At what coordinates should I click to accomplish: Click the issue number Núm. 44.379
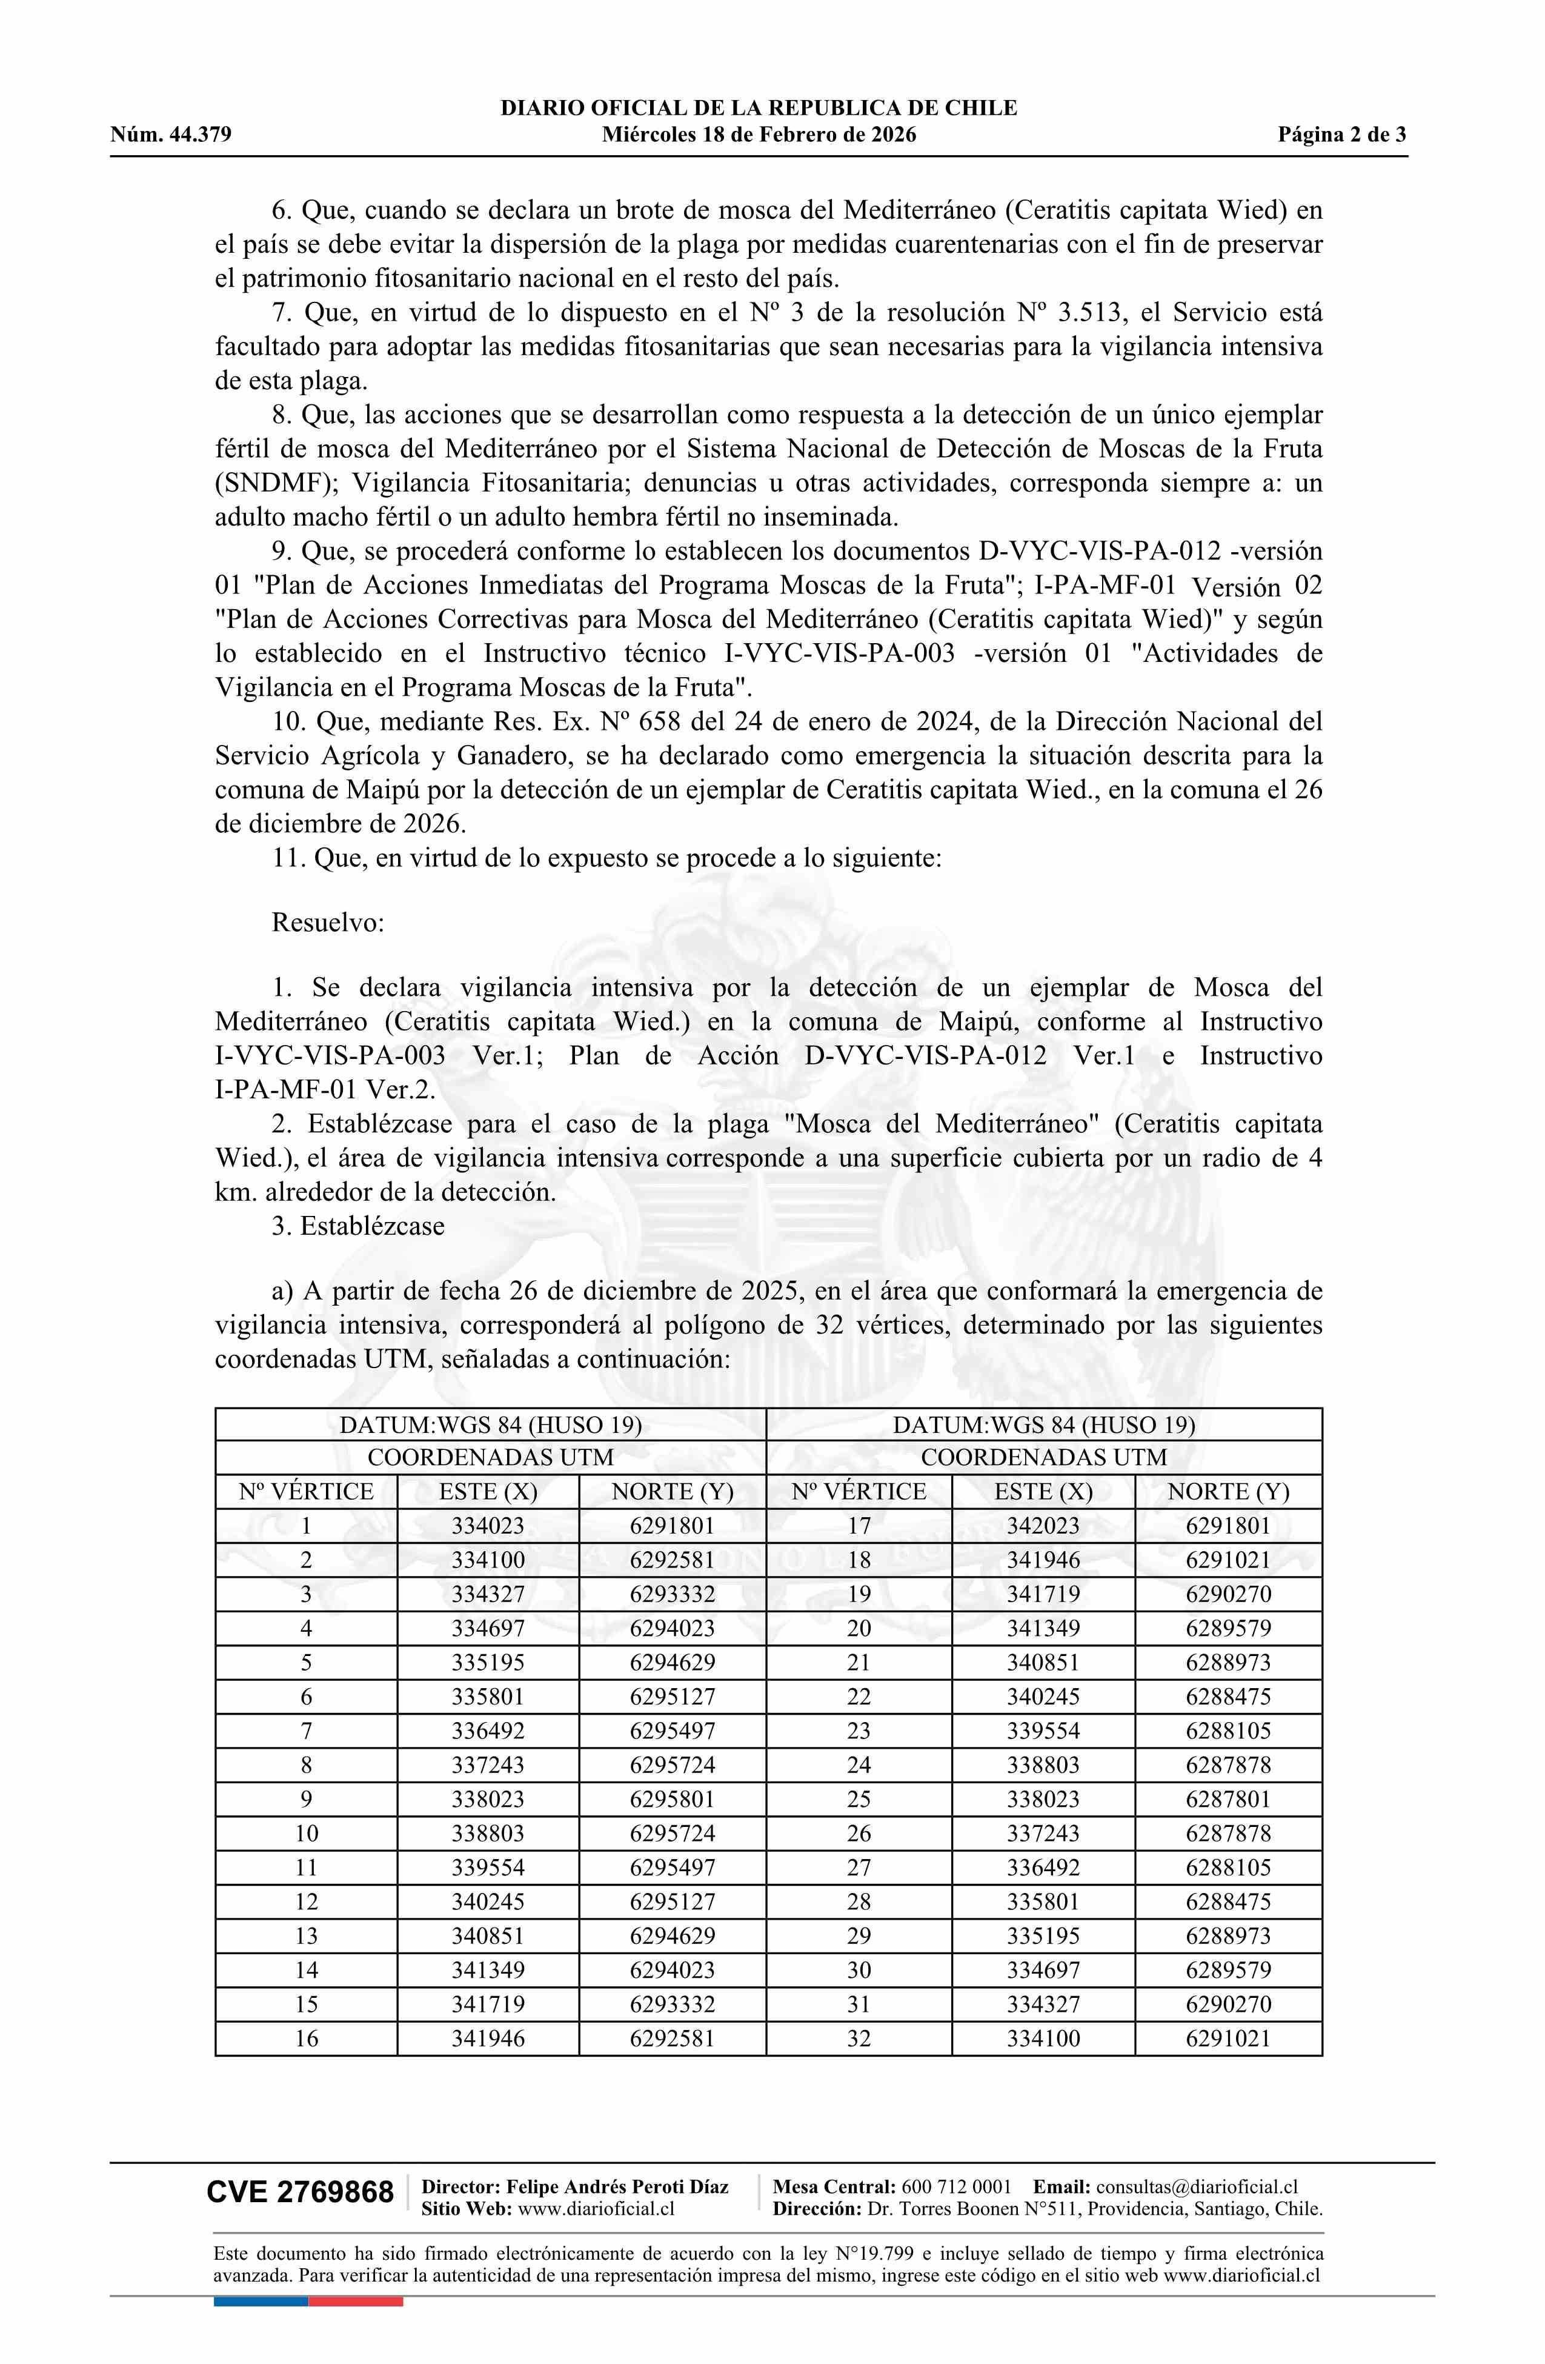pyautogui.click(x=171, y=135)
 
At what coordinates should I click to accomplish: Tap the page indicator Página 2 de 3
pyautogui.click(x=1341, y=135)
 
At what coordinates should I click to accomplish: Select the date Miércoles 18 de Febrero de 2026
pyautogui.click(x=759, y=135)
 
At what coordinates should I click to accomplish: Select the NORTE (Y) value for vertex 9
pyautogui.click(x=672, y=1799)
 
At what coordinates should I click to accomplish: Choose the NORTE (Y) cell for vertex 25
pyautogui.click(x=1228, y=1799)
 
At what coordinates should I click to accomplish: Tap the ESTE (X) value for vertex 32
pyautogui.click(x=1043, y=2038)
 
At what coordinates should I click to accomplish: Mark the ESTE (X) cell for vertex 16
pyautogui.click(x=488, y=2038)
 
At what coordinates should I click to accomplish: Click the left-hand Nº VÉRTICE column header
pyautogui.click(x=306, y=1491)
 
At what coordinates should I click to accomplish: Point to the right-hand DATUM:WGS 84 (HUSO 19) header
pyautogui.click(x=1043, y=1424)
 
